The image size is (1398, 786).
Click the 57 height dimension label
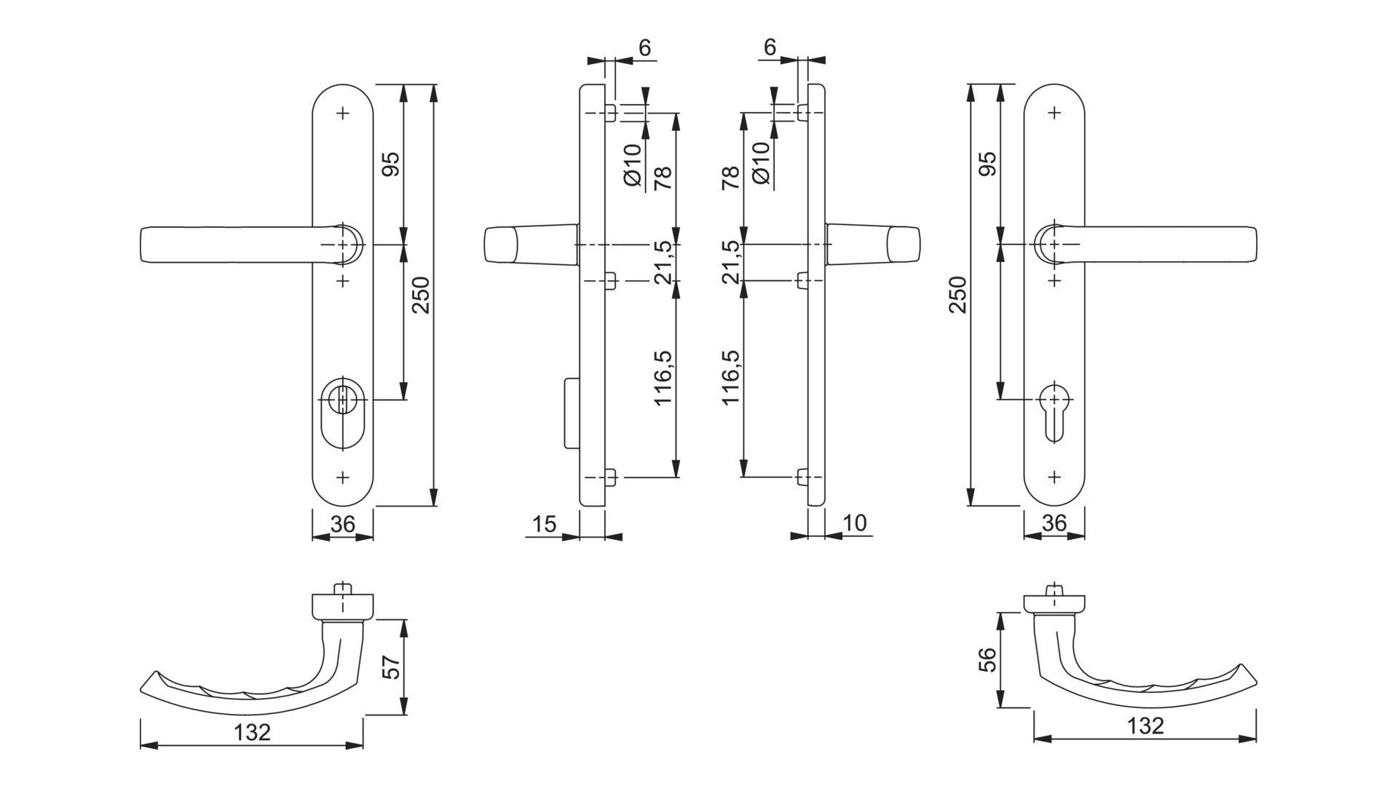tap(392, 667)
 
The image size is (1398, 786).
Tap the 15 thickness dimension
tap(544, 524)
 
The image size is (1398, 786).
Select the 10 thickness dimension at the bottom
tap(855, 523)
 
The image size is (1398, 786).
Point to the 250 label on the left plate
tap(422, 295)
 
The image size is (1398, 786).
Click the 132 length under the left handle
tap(252, 732)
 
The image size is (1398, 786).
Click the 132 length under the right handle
tap(1145, 726)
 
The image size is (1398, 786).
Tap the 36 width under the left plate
tap(342, 524)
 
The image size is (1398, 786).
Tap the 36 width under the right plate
tap(1054, 524)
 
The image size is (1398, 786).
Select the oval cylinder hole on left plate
tap(342, 411)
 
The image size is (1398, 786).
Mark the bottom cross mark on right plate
tap(1054, 477)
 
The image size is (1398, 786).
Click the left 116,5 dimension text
tap(663, 378)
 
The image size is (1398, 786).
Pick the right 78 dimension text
tap(730, 178)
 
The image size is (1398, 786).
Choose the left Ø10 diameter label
tap(633, 167)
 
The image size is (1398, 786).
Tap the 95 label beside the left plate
tap(391, 164)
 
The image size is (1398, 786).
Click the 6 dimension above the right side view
tap(770, 47)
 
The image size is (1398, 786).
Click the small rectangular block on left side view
tap(571, 412)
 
